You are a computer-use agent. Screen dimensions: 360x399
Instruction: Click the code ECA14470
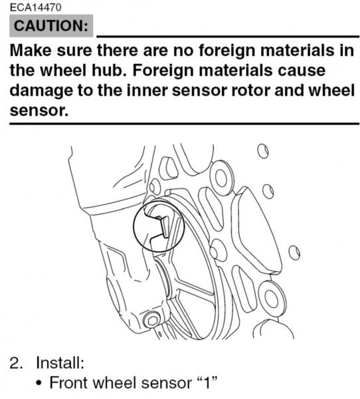(35, 7)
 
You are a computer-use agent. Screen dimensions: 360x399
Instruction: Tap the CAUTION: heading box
(51, 26)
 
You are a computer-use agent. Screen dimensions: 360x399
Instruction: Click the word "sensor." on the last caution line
(39, 110)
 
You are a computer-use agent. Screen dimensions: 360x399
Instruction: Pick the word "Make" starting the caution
(31, 50)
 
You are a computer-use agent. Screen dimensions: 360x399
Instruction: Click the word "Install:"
(60, 362)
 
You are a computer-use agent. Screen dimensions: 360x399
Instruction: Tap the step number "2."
(16, 362)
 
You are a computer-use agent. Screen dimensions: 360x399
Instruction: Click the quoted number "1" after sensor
(207, 382)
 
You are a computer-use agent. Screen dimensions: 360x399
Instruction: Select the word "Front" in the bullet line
(68, 382)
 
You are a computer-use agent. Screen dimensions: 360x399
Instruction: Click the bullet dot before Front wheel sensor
(39, 383)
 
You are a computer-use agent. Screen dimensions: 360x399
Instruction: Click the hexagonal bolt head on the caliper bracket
(152, 321)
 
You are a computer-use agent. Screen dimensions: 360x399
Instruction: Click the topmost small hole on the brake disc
(263, 152)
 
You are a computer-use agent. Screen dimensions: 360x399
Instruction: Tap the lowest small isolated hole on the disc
(294, 253)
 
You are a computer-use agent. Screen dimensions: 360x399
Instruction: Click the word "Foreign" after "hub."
(163, 70)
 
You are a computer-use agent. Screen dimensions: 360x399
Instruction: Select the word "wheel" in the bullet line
(114, 382)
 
